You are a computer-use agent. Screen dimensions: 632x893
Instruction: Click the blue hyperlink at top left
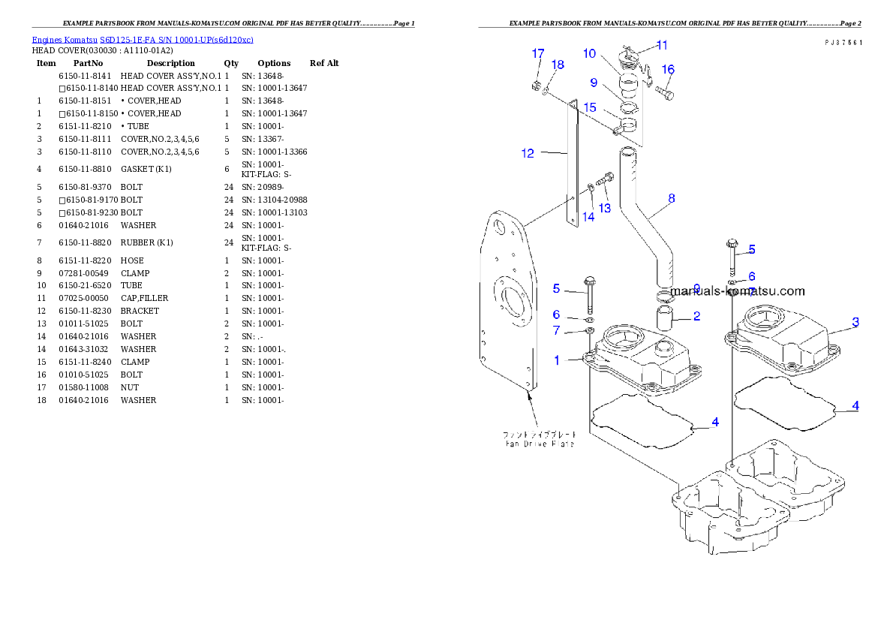pos(143,39)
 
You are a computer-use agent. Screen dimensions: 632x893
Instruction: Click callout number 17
pos(538,53)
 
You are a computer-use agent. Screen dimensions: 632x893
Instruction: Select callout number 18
pos(557,65)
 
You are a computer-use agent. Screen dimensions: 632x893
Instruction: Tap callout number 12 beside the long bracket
pos(528,153)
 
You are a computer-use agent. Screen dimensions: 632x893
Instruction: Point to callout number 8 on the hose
pos(671,198)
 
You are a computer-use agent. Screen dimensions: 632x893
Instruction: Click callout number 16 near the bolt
pos(668,70)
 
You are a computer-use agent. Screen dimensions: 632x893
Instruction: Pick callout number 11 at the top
pos(662,45)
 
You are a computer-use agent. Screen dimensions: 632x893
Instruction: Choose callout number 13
pos(604,207)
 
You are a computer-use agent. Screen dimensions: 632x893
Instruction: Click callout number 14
pos(588,216)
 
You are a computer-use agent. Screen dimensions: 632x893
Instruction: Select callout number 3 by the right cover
pos(855,322)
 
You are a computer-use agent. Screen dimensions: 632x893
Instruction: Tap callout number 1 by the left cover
pos(557,360)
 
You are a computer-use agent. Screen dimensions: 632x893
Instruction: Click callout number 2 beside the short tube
pos(696,316)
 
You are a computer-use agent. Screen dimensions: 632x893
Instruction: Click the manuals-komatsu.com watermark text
pos(737,291)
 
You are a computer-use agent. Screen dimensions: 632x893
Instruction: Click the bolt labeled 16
pos(665,93)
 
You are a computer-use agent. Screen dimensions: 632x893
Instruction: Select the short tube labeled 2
pos(665,318)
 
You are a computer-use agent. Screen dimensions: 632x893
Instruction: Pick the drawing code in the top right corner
pos(843,43)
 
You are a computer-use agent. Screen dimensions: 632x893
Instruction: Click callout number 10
pos(589,53)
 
